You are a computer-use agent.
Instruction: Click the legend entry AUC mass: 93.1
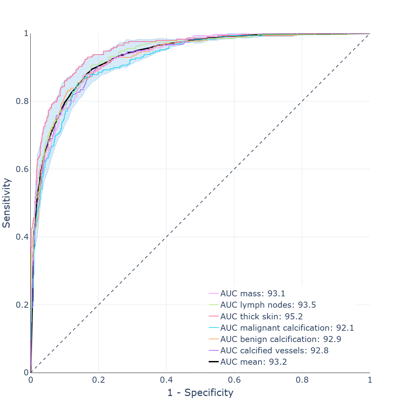click(x=253, y=294)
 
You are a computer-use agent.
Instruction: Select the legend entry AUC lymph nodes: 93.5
click(x=268, y=305)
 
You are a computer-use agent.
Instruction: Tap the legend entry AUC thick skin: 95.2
click(x=261, y=316)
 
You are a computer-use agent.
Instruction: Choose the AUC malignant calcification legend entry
click(x=287, y=328)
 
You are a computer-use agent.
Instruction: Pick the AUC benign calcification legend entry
click(x=281, y=339)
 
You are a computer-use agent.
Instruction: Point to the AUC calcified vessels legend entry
click(x=274, y=350)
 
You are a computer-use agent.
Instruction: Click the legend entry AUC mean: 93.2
click(x=253, y=362)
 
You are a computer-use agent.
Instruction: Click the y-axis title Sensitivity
click(x=7, y=203)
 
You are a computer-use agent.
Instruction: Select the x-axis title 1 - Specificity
click(x=200, y=392)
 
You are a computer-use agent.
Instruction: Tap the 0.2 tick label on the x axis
click(x=98, y=380)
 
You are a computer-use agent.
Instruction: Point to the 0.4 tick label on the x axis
click(x=166, y=380)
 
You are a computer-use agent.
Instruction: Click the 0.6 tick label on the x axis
click(x=234, y=380)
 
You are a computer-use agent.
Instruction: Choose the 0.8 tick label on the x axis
click(x=302, y=380)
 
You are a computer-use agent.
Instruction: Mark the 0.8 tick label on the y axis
click(x=21, y=101)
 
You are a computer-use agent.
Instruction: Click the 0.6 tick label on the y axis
click(x=21, y=169)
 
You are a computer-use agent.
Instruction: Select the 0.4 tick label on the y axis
click(x=21, y=237)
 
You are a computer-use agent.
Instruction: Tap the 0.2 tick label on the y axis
click(x=21, y=305)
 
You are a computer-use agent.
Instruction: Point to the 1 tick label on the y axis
click(x=25, y=34)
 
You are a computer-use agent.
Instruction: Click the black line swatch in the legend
click(x=213, y=362)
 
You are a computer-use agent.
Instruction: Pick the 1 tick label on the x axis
click(x=370, y=380)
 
